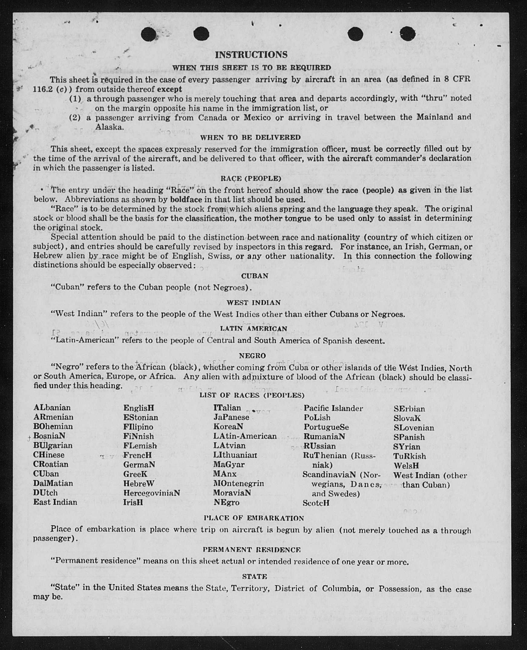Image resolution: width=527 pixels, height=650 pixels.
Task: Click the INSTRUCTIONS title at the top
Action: [251, 55]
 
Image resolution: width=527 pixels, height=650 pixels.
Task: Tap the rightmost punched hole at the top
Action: [407, 33]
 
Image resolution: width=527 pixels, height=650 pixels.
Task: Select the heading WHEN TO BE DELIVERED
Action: [250, 137]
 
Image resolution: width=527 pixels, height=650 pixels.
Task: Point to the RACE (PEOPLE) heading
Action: [251, 179]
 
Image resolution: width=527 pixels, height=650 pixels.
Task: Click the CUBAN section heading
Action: [255, 276]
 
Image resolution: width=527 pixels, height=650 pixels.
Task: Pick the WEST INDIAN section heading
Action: [254, 302]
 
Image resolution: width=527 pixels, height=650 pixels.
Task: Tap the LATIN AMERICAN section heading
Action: [254, 329]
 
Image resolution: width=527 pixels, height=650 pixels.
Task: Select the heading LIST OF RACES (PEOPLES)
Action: [252, 395]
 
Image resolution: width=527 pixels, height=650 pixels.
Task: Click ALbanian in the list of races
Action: [52, 407]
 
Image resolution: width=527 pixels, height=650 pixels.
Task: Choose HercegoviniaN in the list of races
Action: [152, 493]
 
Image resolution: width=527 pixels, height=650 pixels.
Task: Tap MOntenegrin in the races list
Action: [238, 483]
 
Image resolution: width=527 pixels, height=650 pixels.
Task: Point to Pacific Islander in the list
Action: [333, 408]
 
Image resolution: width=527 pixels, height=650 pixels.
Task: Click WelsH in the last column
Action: [406, 466]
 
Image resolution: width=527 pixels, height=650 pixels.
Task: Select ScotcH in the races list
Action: [316, 503]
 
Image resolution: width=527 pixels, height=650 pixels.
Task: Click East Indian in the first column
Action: [55, 502]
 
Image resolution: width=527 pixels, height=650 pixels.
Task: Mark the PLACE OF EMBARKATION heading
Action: [254, 518]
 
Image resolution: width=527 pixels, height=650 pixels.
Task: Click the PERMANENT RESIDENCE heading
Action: [252, 550]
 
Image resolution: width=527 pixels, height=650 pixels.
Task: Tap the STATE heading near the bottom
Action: [254, 576]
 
